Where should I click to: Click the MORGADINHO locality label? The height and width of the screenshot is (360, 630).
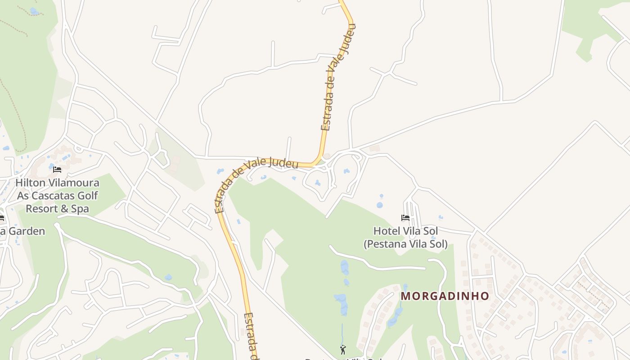click(445, 296)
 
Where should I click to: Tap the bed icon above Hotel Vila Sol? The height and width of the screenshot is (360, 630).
click(405, 218)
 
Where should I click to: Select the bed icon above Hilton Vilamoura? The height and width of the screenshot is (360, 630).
click(57, 170)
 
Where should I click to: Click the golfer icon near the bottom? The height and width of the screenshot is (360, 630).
click(343, 349)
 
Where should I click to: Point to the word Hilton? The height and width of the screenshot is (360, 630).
click(30, 183)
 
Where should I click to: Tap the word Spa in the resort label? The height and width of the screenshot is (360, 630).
click(81, 209)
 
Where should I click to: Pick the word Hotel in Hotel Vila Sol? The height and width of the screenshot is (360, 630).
click(386, 231)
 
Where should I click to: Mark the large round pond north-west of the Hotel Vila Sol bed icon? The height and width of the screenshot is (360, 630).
click(380, 205)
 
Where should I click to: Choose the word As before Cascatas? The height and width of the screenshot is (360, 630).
click(23, 196)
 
